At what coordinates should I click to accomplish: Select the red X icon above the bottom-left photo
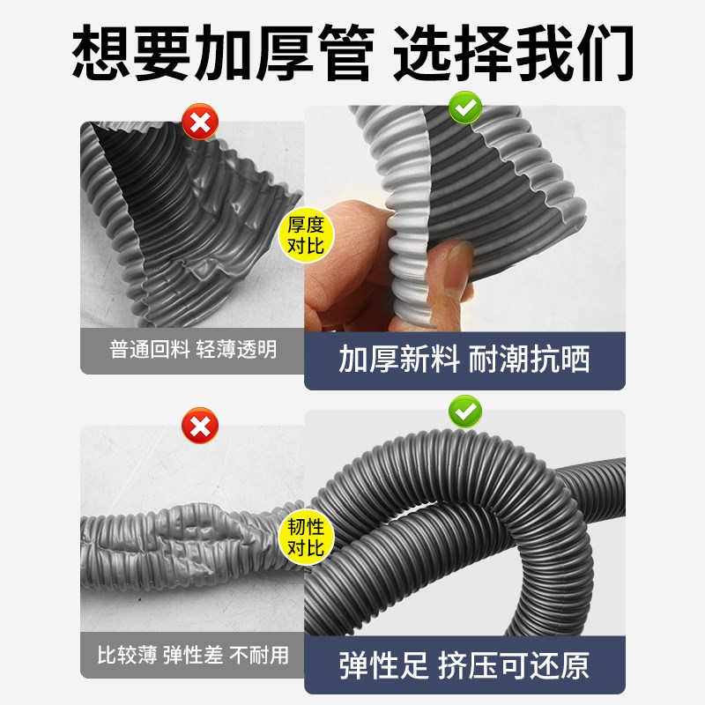[200, 428]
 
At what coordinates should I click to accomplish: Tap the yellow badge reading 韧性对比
[306, 537]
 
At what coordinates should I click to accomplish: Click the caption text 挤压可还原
[513, 665]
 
